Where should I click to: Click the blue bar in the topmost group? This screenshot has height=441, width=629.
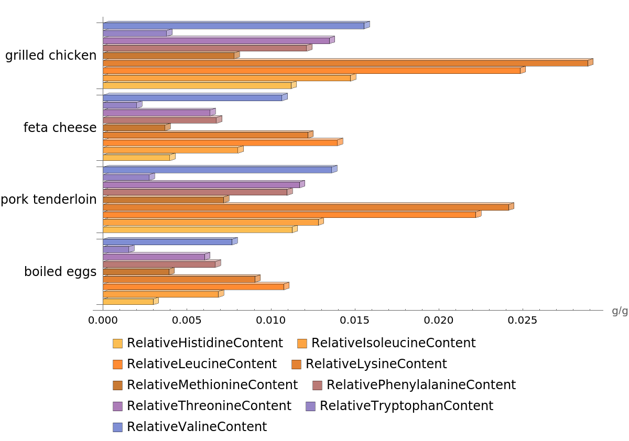234,26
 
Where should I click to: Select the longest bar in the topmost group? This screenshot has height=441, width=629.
346,63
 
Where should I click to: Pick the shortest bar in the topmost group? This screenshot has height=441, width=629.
135,34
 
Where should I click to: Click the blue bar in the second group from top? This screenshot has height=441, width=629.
193,97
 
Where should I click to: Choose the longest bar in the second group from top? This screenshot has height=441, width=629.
221,142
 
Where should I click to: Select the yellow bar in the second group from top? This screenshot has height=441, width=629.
137,158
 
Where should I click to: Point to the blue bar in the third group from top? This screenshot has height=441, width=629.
218,170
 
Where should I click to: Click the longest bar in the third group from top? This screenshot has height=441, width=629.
306,207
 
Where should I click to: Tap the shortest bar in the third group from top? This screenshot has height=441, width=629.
126,178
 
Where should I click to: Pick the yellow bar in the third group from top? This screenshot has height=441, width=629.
198,230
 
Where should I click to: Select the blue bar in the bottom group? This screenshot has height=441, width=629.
168,242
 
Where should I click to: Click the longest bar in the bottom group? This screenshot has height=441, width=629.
194,287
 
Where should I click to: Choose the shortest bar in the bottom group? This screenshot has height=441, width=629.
116,249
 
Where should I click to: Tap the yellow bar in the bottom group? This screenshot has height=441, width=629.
128,302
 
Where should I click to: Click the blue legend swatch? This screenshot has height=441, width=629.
117,427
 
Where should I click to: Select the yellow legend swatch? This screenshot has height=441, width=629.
117,344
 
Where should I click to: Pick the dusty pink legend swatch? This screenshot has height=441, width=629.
317,385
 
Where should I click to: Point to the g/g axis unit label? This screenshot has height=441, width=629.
620,311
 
